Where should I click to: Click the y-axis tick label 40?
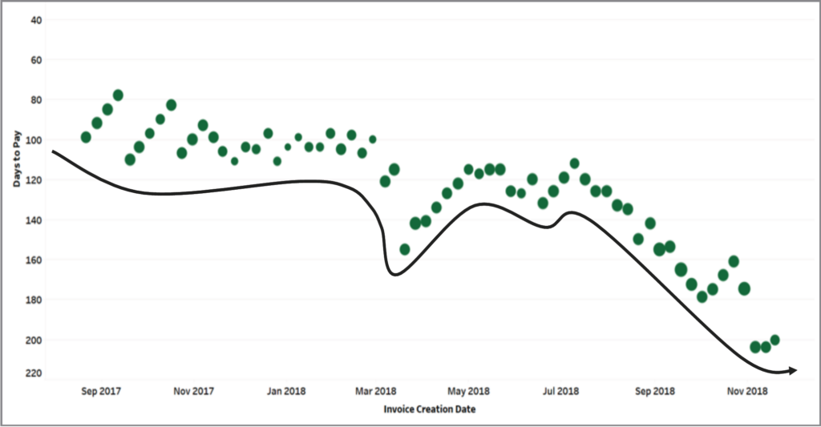pyautogui.click(x=37, y=20)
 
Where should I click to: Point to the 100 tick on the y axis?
pyautogui.click(x=34, y=140)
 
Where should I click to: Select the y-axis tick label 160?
pyautogui.click(x=34, y=260)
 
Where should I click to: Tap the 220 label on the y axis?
pyautogui.click(x=34, y=373)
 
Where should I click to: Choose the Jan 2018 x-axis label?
pyautogui.click(x=286, y=391)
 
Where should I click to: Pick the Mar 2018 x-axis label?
pyautogui.click(x=375, y=391)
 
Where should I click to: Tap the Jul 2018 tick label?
pyautogui.click(x=560, y=391)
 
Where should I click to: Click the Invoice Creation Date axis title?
pyautogui.click(x=423, y=409)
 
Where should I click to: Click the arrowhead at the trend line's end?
pyautogui.click(x=792, y=370)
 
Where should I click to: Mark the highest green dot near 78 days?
pyautogui.click(x=118, y=95)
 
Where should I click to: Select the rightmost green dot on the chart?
pyautogui.click(x=774, y=340)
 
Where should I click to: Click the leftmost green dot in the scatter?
pyautogui.click(x=86, y=137)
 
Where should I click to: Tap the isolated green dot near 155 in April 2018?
pyautogui.click(x=405, y=249)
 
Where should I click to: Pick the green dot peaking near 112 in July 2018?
pyautogui.click(x=574, y=163)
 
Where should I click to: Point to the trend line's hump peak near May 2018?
pyautogui.click(x=483, y=203)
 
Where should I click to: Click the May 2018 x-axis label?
pyautogui.click(x=468, y=391)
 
